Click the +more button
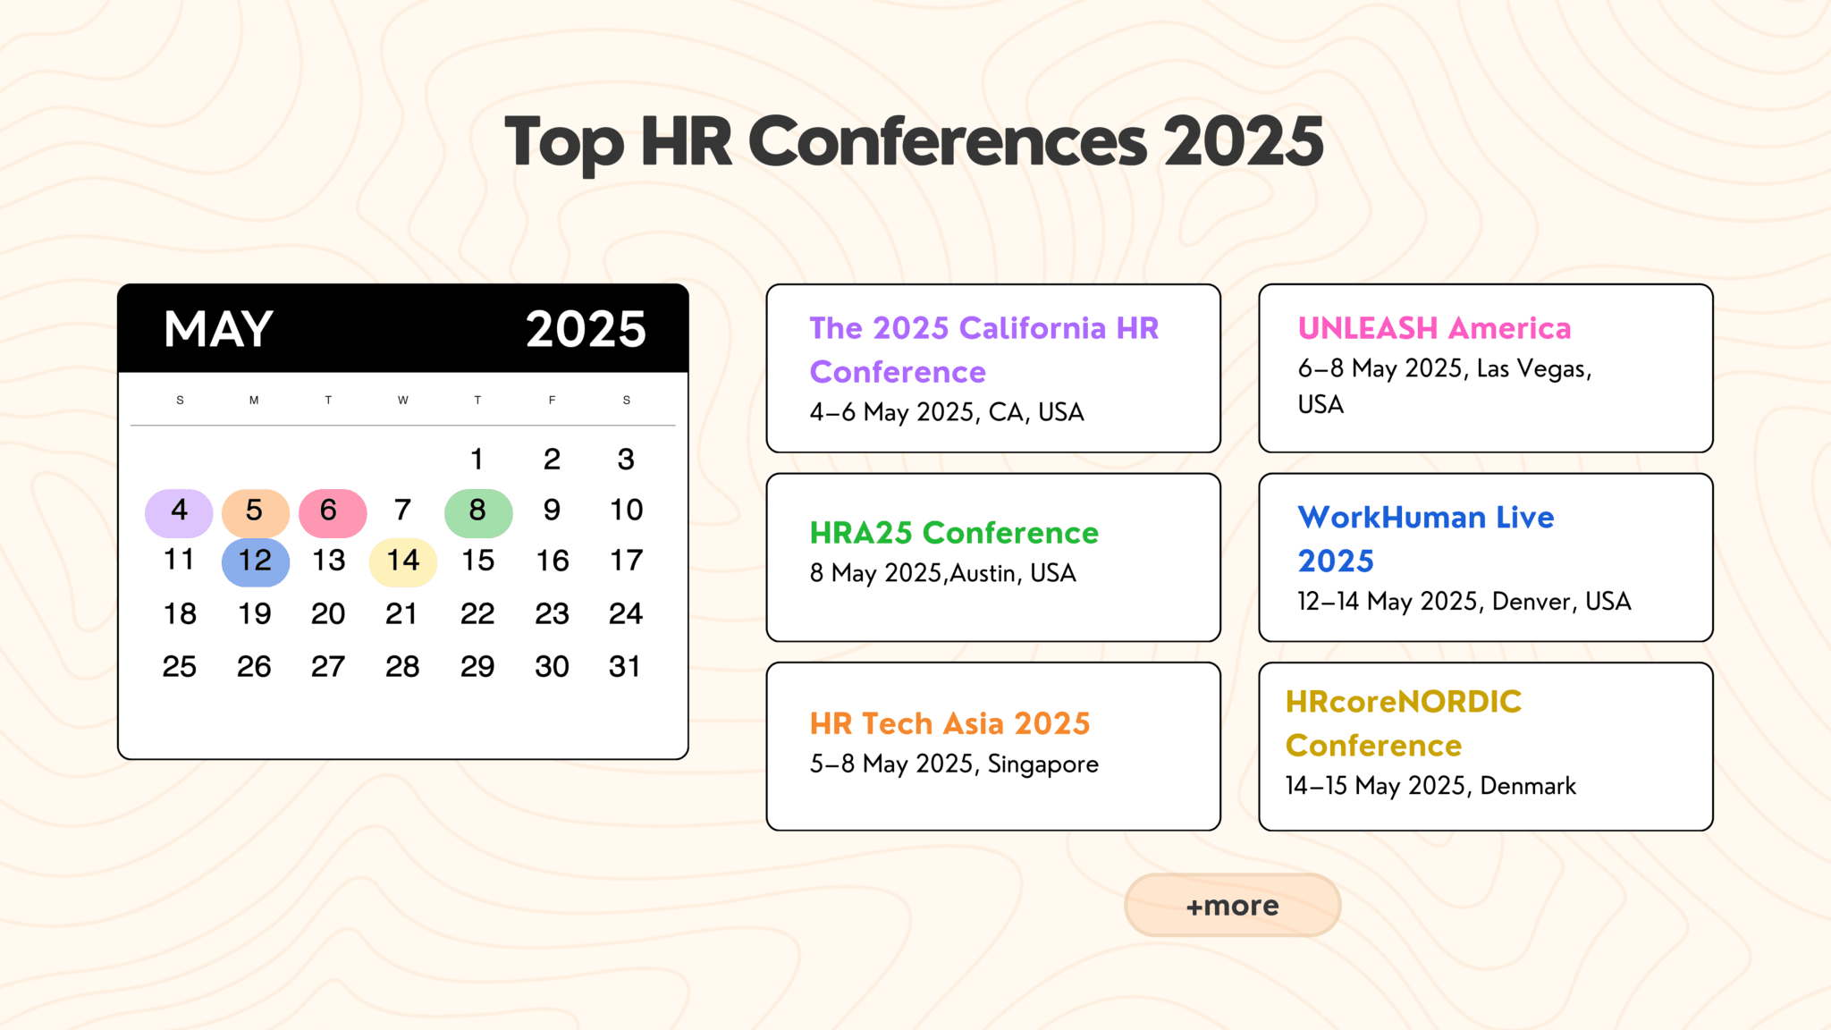click(1232, 905)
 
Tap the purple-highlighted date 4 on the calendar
click(179, 511)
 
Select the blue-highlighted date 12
click(255, 561)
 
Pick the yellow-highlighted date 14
click(402, 561)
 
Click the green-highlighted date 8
click(477, 511)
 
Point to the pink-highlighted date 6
click(331, 511)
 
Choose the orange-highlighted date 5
click(255, 511)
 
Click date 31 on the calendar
click(625, 666)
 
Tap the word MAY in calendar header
click(218, 329)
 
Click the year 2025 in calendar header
click(586, 329)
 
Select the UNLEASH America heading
click(1434, 328)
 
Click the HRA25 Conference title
click(953, 533)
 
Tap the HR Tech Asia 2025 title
click(949, 723)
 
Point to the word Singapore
click(1042, 764)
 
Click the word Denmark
click(1528, 786)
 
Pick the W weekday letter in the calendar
click(402, 400)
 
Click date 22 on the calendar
click(477, 613)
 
